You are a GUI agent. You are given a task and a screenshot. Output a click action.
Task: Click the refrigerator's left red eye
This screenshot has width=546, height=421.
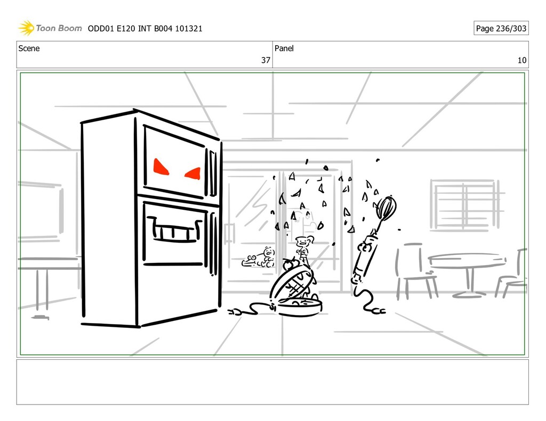pyautogui.click(x=161, y=167)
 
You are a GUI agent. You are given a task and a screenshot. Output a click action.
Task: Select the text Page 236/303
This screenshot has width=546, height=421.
pyautogui.click(x=501, y=28)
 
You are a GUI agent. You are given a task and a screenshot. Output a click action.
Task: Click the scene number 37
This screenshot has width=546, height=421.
pyautogui.click(x=265, y=60)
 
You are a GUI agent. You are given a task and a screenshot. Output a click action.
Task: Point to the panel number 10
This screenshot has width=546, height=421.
pyautogui.click(x=521, y=60)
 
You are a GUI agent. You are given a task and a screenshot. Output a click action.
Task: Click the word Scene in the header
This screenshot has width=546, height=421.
pyautogui.click(x=29, y=48)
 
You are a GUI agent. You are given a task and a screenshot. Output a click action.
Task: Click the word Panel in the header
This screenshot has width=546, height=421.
pyautogui.click(x=284, y=48)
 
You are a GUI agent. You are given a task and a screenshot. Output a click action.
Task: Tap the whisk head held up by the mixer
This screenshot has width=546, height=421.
pyautogui.click(x=386, y=208)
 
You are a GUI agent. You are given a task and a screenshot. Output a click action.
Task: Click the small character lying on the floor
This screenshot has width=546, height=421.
pyautogui.click(x=260, y=258)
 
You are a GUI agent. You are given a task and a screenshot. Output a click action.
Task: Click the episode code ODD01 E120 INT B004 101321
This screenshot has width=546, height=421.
pyautogui.click(x=145, y=28)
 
